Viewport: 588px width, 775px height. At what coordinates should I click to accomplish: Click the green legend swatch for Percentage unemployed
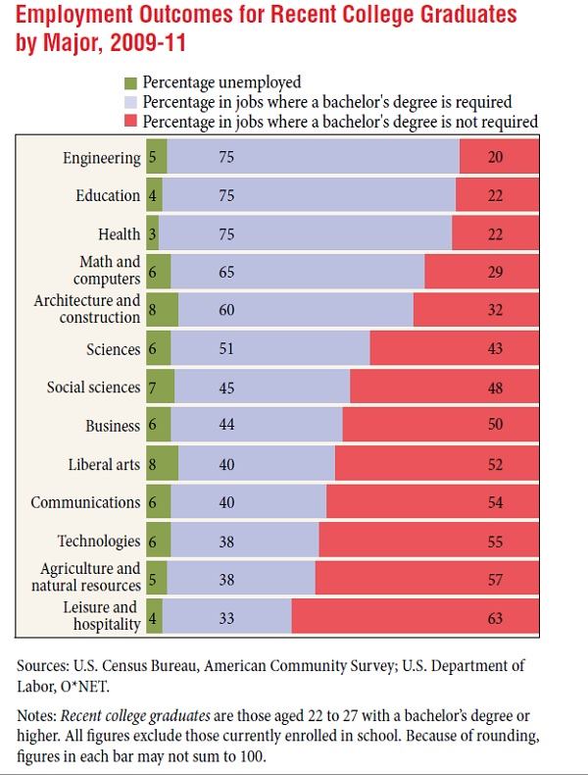[130, 82]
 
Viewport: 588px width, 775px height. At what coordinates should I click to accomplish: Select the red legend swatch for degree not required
[130, 122]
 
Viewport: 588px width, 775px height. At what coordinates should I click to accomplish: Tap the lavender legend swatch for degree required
[130, 102]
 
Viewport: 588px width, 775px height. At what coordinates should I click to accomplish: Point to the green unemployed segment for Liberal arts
[163, 464]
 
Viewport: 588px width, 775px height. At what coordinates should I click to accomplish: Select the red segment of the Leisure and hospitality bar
[415, 617]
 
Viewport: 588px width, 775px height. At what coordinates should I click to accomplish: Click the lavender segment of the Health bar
[306, 233]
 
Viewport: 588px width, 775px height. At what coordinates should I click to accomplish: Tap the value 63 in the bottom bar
[495, 618]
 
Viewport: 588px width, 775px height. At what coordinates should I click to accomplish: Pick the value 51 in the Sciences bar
[226, 349]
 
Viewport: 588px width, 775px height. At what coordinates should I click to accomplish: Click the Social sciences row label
[94, 387]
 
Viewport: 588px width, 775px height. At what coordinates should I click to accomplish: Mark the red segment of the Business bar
[440, 426]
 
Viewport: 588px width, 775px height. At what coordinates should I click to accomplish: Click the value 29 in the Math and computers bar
[495, 272]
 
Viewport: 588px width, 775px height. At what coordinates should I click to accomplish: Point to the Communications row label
[85, 502]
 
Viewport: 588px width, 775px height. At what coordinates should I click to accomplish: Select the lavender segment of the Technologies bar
[245, 541]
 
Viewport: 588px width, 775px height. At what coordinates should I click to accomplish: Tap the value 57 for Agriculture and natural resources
[495, 580]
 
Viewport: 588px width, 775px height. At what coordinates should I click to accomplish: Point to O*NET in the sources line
[86, 686]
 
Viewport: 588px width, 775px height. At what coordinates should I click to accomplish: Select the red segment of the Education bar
[497, 195]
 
